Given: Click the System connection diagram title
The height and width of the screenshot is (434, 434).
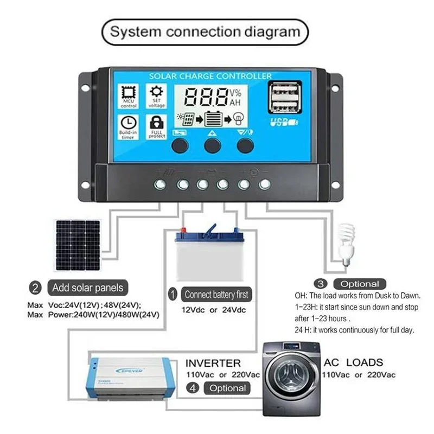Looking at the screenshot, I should (x=205, y=31).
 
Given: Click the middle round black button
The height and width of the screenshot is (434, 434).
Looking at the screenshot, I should (x=213, y=145).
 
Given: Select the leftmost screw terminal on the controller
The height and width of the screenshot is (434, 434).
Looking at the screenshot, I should (x=161, y=184).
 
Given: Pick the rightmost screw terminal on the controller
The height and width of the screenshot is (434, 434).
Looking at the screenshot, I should (x=264, y=184).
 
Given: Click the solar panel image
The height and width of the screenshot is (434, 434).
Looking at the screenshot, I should (x=78, y=245).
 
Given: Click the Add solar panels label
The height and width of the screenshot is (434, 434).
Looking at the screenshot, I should (x=87, y=288).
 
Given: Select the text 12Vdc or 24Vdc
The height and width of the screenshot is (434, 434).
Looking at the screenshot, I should (x=214, y=311).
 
